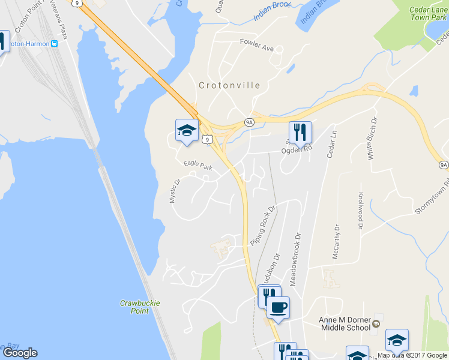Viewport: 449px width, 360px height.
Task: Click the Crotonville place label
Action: pos(229,85)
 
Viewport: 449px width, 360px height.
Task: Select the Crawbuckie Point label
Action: pos(140,307)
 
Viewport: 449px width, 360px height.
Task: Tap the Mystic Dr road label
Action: pos(175,191)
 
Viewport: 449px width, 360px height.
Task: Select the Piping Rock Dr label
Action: pos(262,224)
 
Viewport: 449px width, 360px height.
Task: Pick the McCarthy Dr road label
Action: pos(336,242)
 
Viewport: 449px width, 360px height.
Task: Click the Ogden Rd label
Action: pos(297,151)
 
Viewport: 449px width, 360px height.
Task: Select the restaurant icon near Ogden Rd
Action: pos(300,132)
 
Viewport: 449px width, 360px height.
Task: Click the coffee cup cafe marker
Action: pos(278,308)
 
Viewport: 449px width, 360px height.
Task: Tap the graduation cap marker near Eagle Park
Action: pos(187,130)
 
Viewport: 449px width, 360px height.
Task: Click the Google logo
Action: pos(20,353)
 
